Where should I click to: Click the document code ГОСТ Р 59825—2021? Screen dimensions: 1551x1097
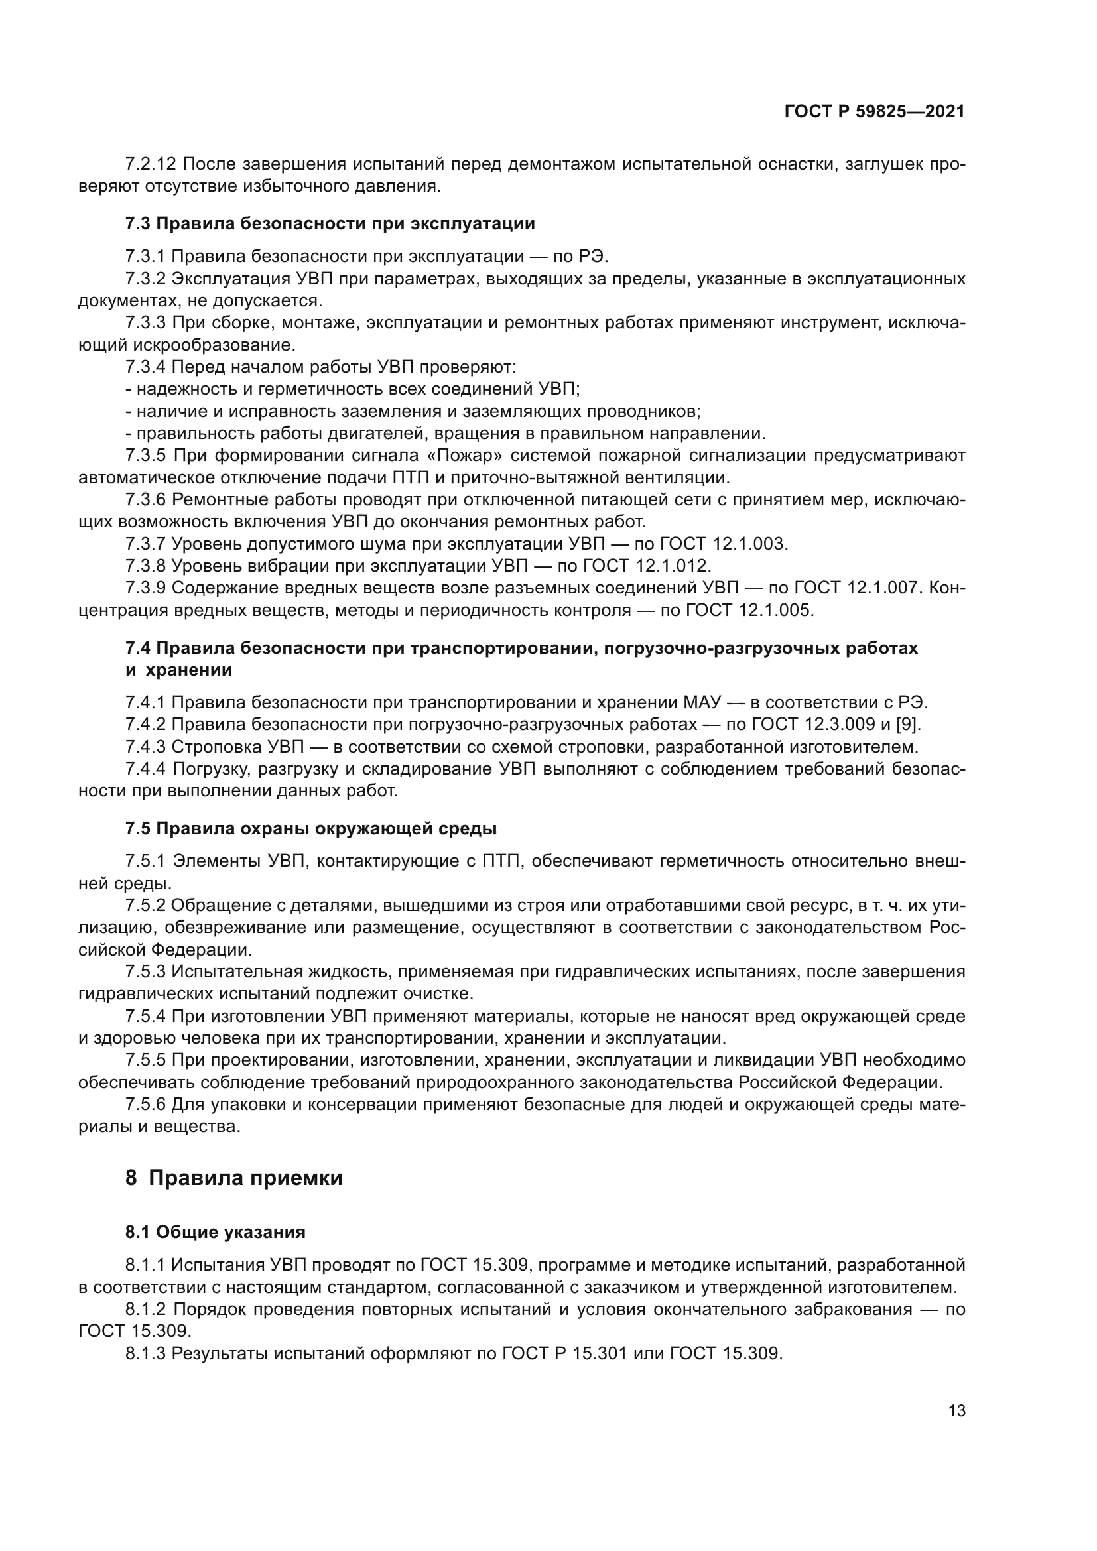click(x=874, y=112)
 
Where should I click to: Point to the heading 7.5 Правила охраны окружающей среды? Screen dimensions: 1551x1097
click(x=310, y=828)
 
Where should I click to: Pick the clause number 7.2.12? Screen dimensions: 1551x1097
click(x=150, y=164)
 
